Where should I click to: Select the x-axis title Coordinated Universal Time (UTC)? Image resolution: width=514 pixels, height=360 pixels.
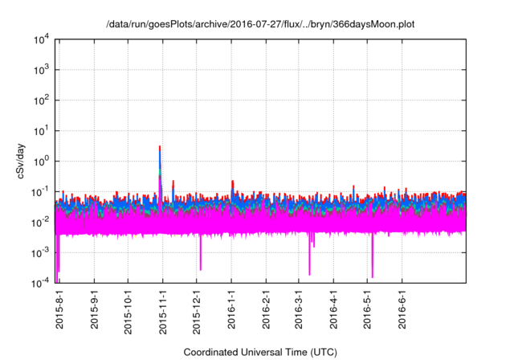tap(260, 352)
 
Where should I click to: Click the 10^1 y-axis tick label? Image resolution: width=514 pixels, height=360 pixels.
tap(41, 131)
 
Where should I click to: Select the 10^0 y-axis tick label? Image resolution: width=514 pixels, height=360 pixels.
tap(41, 161)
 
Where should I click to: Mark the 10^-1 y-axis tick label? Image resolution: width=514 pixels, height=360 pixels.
tap(41, 191)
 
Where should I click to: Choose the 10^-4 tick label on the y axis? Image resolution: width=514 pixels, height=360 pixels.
tap(41, 282)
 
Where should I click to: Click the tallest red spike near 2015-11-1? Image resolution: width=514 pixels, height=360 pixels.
tap(160, 148)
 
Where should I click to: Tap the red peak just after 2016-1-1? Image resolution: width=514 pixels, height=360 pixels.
tap(232, 182)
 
